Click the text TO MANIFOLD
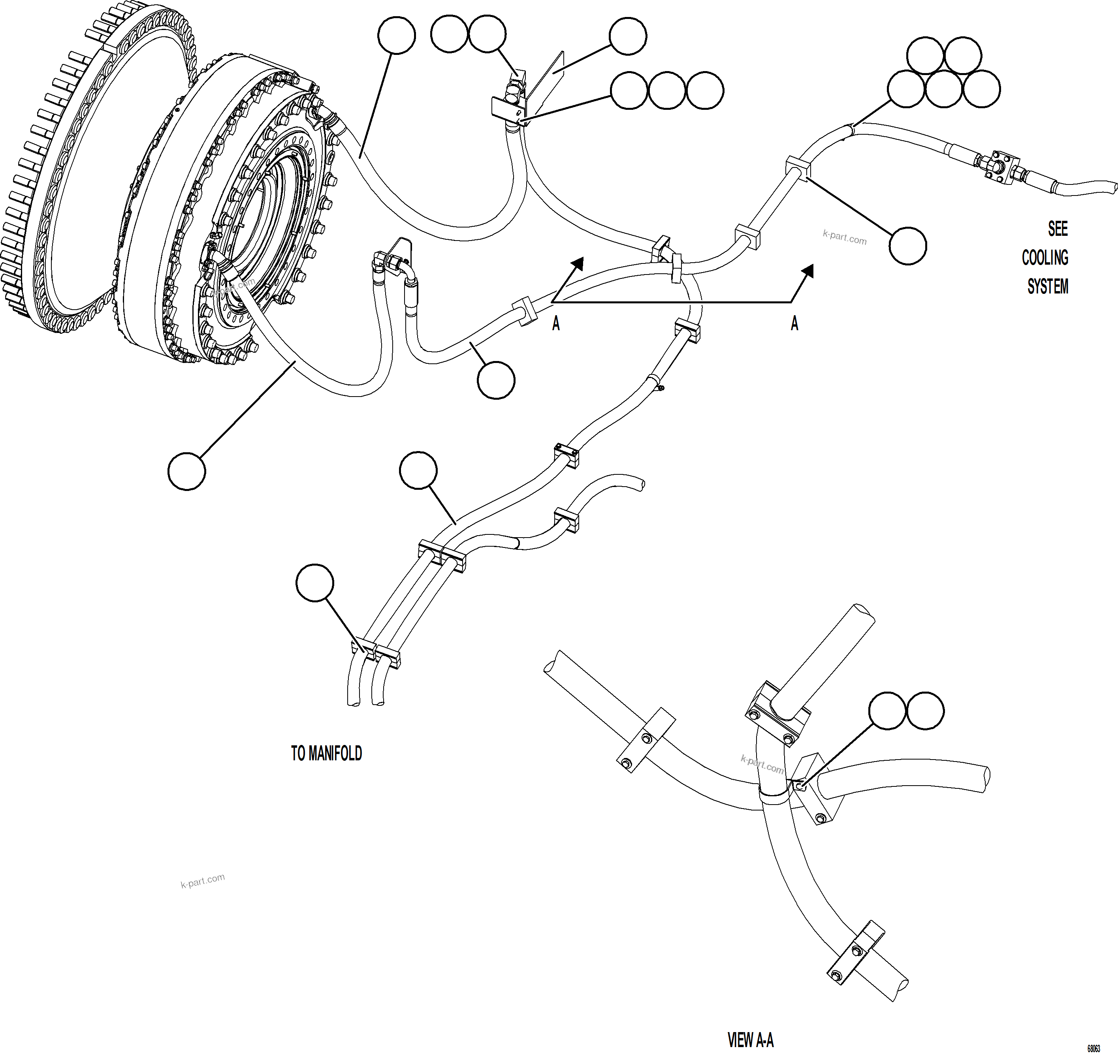pos(326,754)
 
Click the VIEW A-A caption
pos(750,1040)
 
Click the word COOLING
pos(1045,258)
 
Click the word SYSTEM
pos(1047,287)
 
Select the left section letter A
pos(555,323)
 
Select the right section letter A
pos(794,323)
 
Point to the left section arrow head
pos(578,263)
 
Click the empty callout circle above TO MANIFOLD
pos(315,583)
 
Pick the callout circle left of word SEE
pos(908,246)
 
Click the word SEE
pos(1057,229)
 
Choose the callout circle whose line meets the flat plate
pos(628,36)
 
